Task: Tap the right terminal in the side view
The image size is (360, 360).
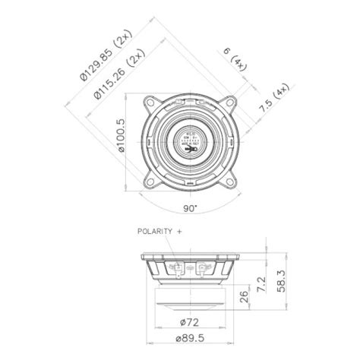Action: [203, 268]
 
